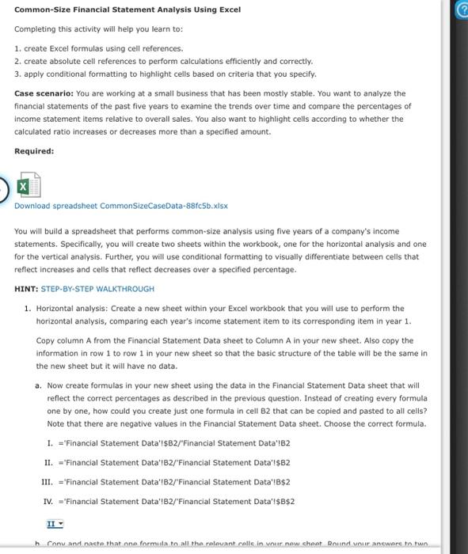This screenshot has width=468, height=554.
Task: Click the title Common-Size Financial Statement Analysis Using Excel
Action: pos(127,9)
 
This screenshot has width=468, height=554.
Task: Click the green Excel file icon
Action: pos(29,184)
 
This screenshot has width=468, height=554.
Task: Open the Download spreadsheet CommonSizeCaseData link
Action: pos(120,206)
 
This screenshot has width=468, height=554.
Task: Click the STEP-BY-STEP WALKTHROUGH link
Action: pos(97,289)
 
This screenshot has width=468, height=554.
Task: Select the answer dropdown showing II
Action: pos(55,523)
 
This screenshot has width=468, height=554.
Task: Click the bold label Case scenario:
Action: pos(44,93)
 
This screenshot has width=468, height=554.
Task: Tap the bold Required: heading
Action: pos(34,151)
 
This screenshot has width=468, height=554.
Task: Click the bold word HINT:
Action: pos(26,289)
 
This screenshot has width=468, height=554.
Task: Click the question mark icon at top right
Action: pos(458,10)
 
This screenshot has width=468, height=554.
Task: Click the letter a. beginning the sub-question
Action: pos(39,385)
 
